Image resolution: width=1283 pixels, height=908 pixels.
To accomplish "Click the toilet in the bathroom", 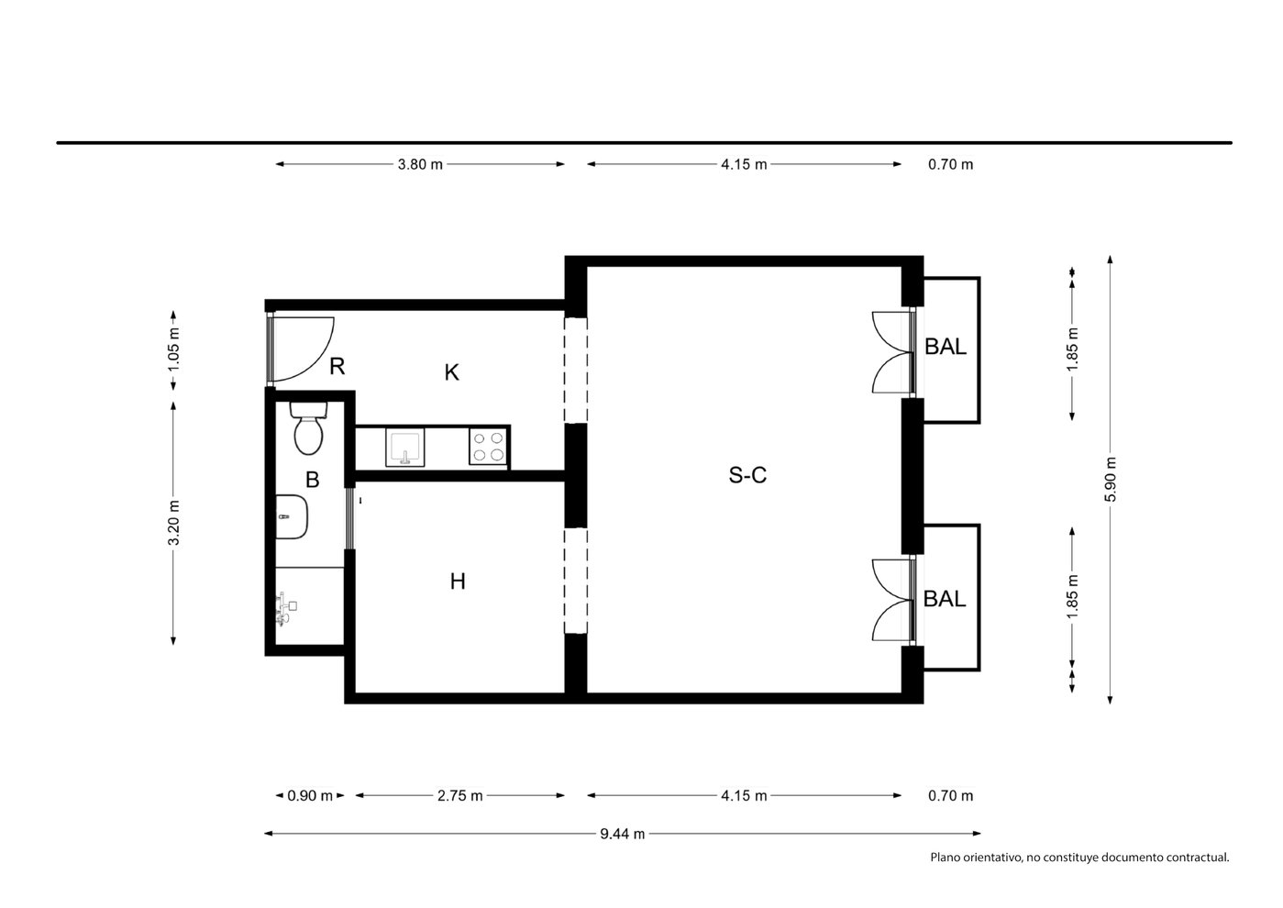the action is (x=308, y=428).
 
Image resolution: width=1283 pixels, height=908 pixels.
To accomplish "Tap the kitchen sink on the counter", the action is (x=405, y=448).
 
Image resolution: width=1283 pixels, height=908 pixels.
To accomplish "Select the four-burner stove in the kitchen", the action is (x=488, y=447).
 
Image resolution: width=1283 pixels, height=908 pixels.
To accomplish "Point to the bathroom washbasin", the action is (x=292, y=516).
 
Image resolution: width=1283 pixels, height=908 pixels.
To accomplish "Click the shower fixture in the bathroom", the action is (x=286, y=609).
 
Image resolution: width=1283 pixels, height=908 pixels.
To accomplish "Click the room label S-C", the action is (x=747, y=475).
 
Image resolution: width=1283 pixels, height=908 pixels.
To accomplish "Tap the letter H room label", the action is (x=457, y=581).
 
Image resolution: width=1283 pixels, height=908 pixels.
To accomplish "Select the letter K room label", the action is (x=451, y=372).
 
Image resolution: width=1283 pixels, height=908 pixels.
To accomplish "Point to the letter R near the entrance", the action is (x=337, y=365).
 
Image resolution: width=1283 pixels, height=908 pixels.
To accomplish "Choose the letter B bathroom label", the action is (x=312, y=480).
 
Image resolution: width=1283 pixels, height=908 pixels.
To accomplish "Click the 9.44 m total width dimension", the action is (x=622, y=834).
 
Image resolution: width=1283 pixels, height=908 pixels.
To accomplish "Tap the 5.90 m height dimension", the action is (x=1110, y=479).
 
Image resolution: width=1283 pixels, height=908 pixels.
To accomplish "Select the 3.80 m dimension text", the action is (x=420, y=164).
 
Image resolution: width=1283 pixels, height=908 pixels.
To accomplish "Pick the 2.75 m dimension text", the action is (x=460, y=796).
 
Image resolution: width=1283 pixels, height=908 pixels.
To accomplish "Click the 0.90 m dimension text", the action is (x=310, y=796).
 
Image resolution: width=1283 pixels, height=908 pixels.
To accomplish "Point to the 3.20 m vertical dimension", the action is (x=173, y=523).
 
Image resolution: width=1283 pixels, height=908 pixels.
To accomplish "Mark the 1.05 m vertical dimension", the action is (x=173, y=349).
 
